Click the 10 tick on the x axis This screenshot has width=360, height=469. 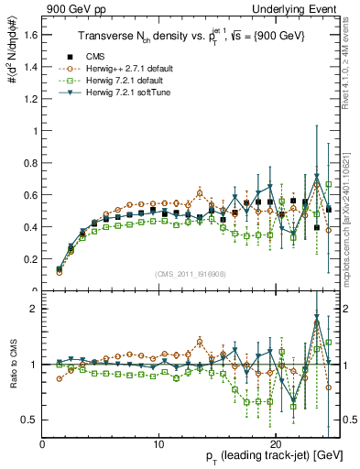point(159,444)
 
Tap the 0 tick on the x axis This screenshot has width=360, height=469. point(42,444)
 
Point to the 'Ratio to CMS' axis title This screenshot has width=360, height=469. point(11,365)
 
